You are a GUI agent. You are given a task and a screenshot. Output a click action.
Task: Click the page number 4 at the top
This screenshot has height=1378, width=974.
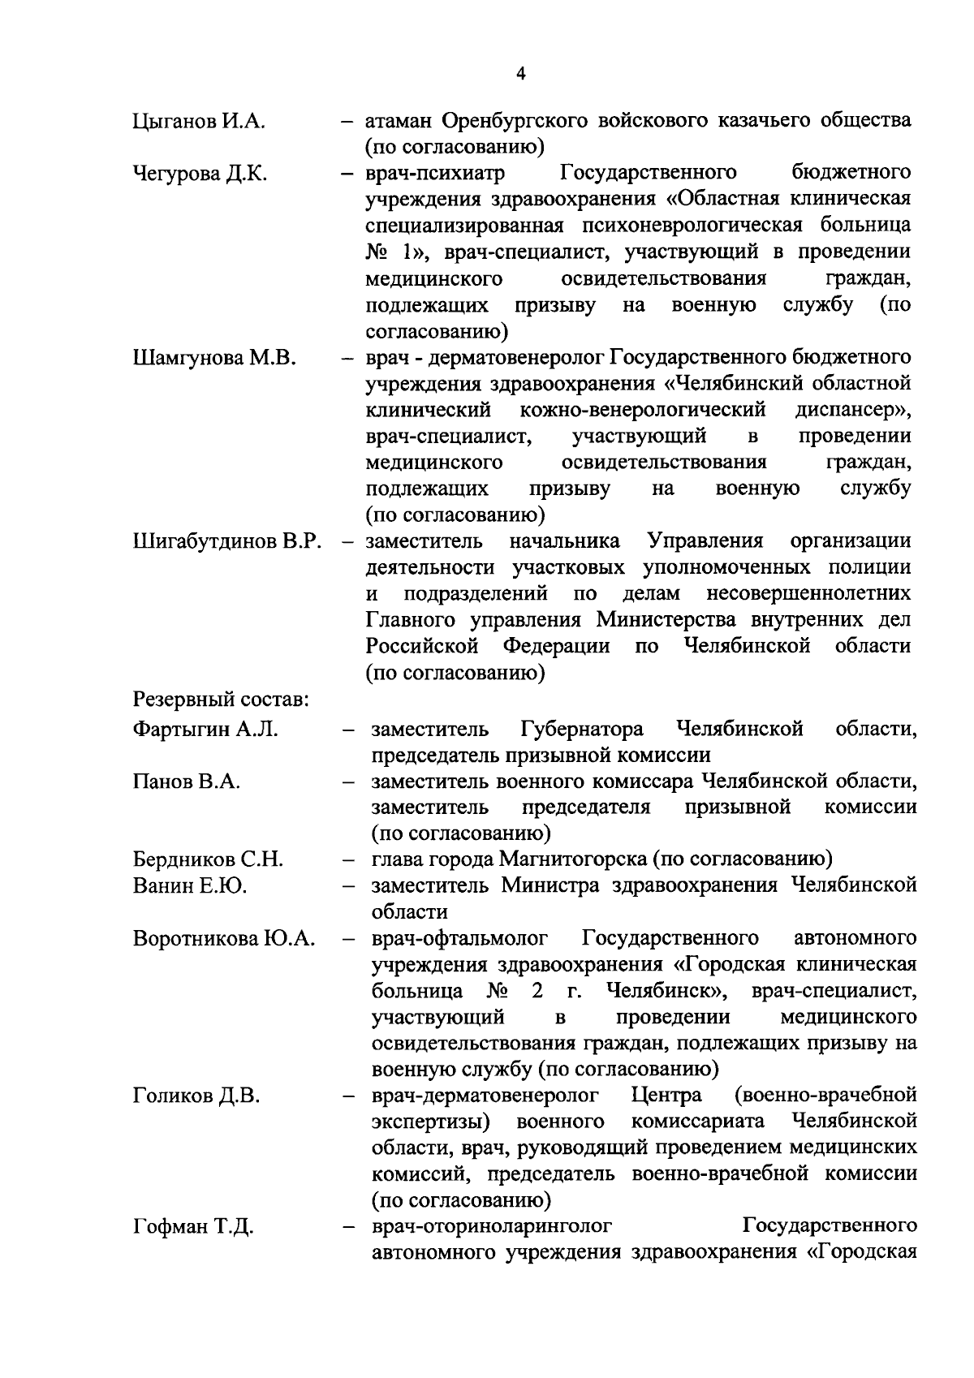coord(520,74)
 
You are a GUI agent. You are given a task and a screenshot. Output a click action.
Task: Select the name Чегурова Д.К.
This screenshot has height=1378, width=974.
coord(200,174)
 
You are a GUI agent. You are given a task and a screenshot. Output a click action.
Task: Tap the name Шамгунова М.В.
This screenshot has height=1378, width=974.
coord(213,358)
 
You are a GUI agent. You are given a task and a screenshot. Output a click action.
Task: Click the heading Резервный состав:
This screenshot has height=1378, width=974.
coord(219,699)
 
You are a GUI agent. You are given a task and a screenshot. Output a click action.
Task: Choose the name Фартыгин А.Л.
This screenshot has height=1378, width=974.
coord(205,729)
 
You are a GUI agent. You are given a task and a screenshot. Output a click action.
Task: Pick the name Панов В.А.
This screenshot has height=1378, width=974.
coord(187,782)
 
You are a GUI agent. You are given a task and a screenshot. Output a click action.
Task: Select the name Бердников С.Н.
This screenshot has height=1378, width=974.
coord(208,859)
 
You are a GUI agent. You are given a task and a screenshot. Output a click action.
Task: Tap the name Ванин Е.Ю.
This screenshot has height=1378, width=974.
coord(190,885)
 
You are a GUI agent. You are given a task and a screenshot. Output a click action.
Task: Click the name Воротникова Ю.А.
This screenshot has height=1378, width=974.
coord(224,939)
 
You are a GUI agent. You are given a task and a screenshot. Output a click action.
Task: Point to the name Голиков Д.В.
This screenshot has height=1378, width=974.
coord(196,1096)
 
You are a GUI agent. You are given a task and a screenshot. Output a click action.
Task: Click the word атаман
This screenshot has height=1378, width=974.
coord(399,122)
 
